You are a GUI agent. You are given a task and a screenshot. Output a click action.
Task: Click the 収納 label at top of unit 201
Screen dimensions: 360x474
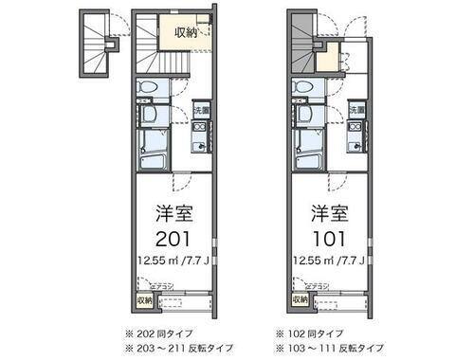click(x=184, y=32)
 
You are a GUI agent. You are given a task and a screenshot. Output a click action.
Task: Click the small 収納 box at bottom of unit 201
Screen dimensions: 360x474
click(x=142, y=301)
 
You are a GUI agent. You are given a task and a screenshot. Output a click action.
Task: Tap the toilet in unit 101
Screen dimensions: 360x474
click(x=304, y=90)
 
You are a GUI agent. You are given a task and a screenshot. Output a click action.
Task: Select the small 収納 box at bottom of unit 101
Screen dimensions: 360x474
click(x=300, y=301)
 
